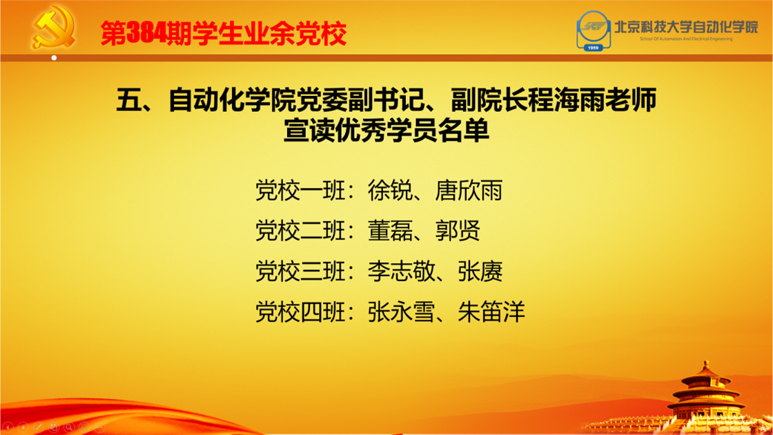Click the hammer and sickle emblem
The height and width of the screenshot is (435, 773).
coord(53,27)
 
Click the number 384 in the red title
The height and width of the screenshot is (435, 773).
coord(146,34)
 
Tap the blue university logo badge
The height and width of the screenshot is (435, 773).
coord(594,30)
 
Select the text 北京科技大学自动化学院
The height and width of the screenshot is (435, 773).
coord(686,27)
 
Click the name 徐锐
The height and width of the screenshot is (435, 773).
coord(389,191)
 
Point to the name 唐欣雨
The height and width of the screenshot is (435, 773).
coord(469,191)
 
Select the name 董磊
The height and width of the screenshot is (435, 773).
coord(389,231)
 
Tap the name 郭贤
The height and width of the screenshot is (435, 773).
coord(457,231)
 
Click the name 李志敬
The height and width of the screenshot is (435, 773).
coord(401,271)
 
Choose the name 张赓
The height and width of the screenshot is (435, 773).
coord(480,271)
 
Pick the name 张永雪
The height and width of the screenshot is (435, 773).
coord(401,311)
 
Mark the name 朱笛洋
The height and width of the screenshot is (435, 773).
coord(491,311)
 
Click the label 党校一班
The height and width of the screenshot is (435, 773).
coord(300,191)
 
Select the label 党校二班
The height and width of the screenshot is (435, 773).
coord(300,231)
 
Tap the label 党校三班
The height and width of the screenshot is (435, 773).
coord(300,271)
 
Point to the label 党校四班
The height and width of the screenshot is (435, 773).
coord(300,311)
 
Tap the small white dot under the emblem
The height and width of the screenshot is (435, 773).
coord(55,58)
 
